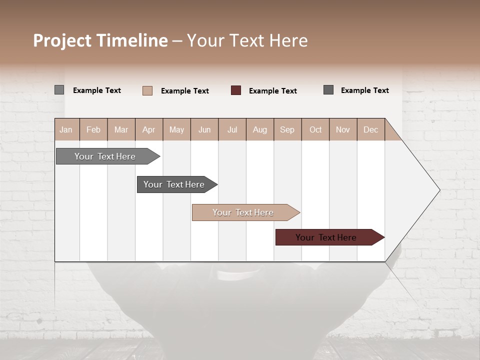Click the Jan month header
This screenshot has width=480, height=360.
point(66,129)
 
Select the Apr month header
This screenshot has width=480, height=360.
point(149,129)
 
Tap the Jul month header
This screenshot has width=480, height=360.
point(232,129)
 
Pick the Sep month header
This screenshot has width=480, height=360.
point(287,129)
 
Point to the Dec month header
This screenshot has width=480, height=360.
point(370,129)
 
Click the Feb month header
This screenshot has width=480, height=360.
point(93,129)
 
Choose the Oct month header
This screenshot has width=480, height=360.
point(315,129)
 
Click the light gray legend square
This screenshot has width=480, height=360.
point(59,90)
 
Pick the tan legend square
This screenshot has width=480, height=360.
point(147,90)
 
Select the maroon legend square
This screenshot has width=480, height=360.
point(236,90)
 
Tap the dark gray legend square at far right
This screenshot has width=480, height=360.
point(328,90)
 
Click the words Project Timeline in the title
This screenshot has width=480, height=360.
point(100,40)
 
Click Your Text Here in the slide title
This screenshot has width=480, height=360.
point(247,40)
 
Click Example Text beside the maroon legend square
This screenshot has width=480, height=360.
point(273,91)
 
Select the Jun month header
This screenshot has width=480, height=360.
point(204,129)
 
